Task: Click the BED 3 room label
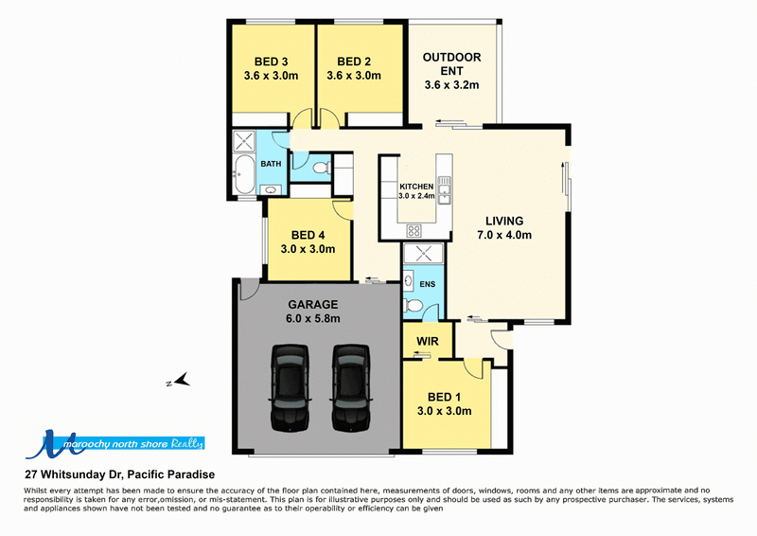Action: coord(271,62)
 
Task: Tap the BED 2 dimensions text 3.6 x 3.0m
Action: coord(354,76)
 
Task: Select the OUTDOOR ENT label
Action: coord(452,63)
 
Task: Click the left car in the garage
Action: coord(290,387)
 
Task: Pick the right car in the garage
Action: coord(351,387)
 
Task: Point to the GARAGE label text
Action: coord(313,305)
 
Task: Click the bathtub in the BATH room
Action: coord(243,174)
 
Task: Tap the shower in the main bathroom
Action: coord(243,141)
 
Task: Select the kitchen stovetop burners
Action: coord(414,230)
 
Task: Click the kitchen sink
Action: coord(444,190)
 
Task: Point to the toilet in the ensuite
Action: coord(412,306)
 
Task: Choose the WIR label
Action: coord(428,341)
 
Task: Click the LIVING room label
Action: coord(504,222)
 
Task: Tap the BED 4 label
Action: coord(308,236)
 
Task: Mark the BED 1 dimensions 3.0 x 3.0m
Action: coord(444,411)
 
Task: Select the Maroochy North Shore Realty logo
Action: coord(114,444)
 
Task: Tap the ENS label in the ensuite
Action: coord(428,284)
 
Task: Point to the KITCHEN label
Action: coord(416,187)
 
